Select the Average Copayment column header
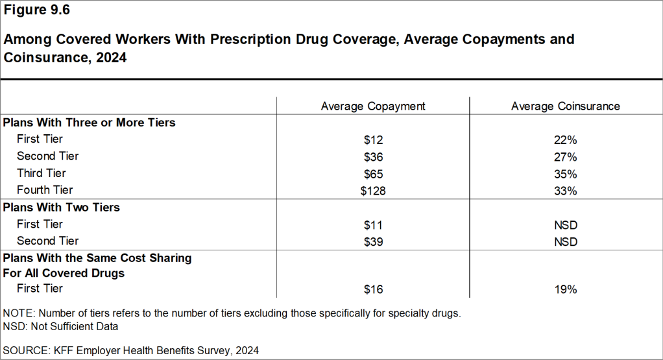coord(373,106)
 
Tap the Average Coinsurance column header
coord(565,106)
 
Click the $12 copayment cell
coord(373,139)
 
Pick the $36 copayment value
coord(373,156)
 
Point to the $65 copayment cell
coord(373,173)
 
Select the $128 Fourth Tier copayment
coord(373,190)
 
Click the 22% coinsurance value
coord(565,139)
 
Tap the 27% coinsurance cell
coord(565,156)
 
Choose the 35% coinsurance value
coord(565,173)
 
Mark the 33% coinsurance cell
coord(565,190)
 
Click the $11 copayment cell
coord(373,224)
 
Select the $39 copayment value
coord(373,241)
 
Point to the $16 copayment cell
coord(373,289)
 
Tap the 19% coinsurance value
coord(565,289)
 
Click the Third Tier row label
coord(41,173)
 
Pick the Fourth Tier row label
coord(45,190)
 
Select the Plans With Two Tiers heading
coord(62,208)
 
